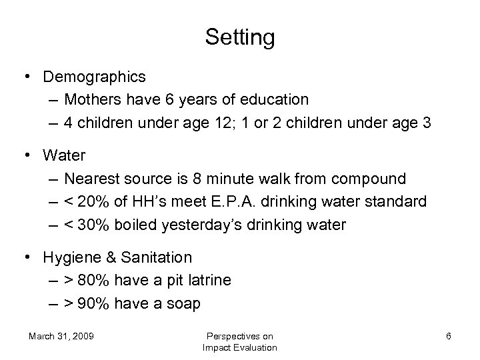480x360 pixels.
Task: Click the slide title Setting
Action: click(x=239, y=37)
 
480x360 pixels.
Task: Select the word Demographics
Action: click(x=94, y=77)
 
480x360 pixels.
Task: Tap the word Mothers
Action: click(x=93, y=99)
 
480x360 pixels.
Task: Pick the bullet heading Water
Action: click(x=64, y=156)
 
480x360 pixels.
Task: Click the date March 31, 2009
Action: click(x=61, y=336)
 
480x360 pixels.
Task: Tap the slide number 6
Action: click(x=449, y=336)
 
